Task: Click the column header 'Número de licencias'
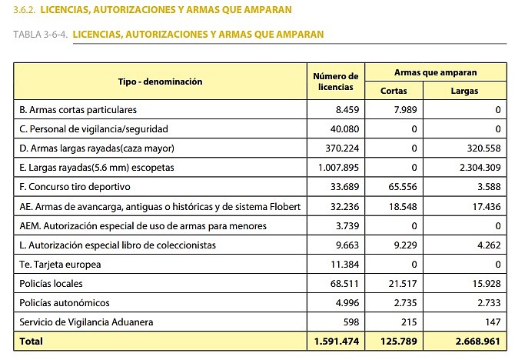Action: tap(336, 82)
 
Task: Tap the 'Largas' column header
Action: tap(464, 91)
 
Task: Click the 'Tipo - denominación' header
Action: tap(160, 81)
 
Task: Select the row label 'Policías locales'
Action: tap(51, 284)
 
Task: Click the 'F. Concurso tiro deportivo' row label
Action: tap(75, 187)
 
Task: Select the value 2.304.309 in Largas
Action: tap(477, 168)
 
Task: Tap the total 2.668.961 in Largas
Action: tap(477, 341)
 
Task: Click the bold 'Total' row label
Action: tap(32, 341)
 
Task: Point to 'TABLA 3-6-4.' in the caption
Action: tap(41, 34)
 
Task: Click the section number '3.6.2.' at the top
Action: tap(23, 9)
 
